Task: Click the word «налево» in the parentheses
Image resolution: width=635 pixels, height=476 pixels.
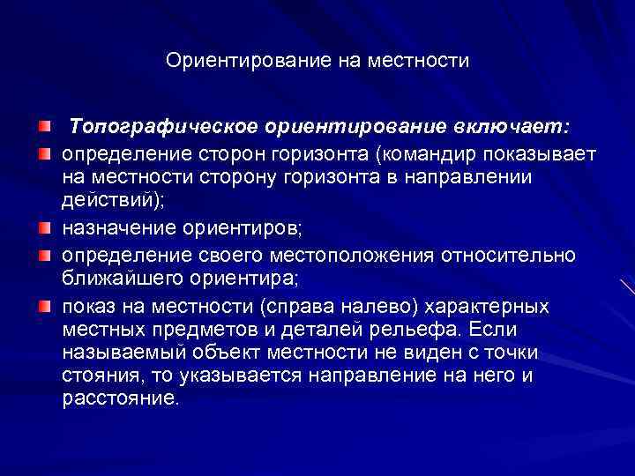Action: pos(377,307)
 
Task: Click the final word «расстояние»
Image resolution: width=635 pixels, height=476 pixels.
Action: pos(118,398)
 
